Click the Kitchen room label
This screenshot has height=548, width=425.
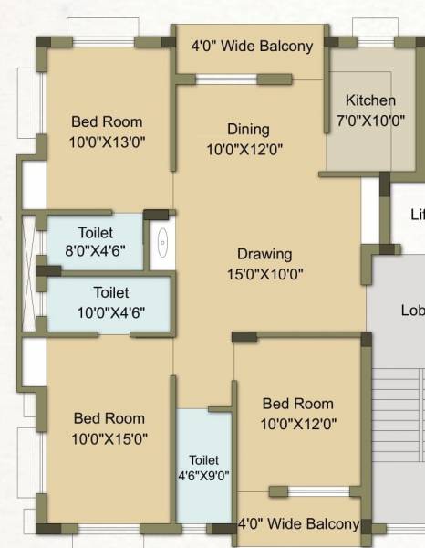click(370, 100)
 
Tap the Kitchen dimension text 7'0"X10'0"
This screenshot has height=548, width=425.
click(370, 120)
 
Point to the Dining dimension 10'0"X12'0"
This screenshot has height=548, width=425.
click(244, 149)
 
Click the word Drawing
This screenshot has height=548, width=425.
click(264, 254)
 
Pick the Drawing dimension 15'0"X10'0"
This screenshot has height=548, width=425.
click(264, 273)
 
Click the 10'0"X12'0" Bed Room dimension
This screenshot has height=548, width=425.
click(297, 423)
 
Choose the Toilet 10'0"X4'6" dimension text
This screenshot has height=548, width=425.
click(111, 311)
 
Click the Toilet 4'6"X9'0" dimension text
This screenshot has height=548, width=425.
click(204, 475)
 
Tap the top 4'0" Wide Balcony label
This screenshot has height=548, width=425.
click(251, 46)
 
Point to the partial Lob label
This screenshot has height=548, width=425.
click(412, 311)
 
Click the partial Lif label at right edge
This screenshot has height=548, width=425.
click(417, 215)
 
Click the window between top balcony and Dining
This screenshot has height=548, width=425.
click(227, 79)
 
